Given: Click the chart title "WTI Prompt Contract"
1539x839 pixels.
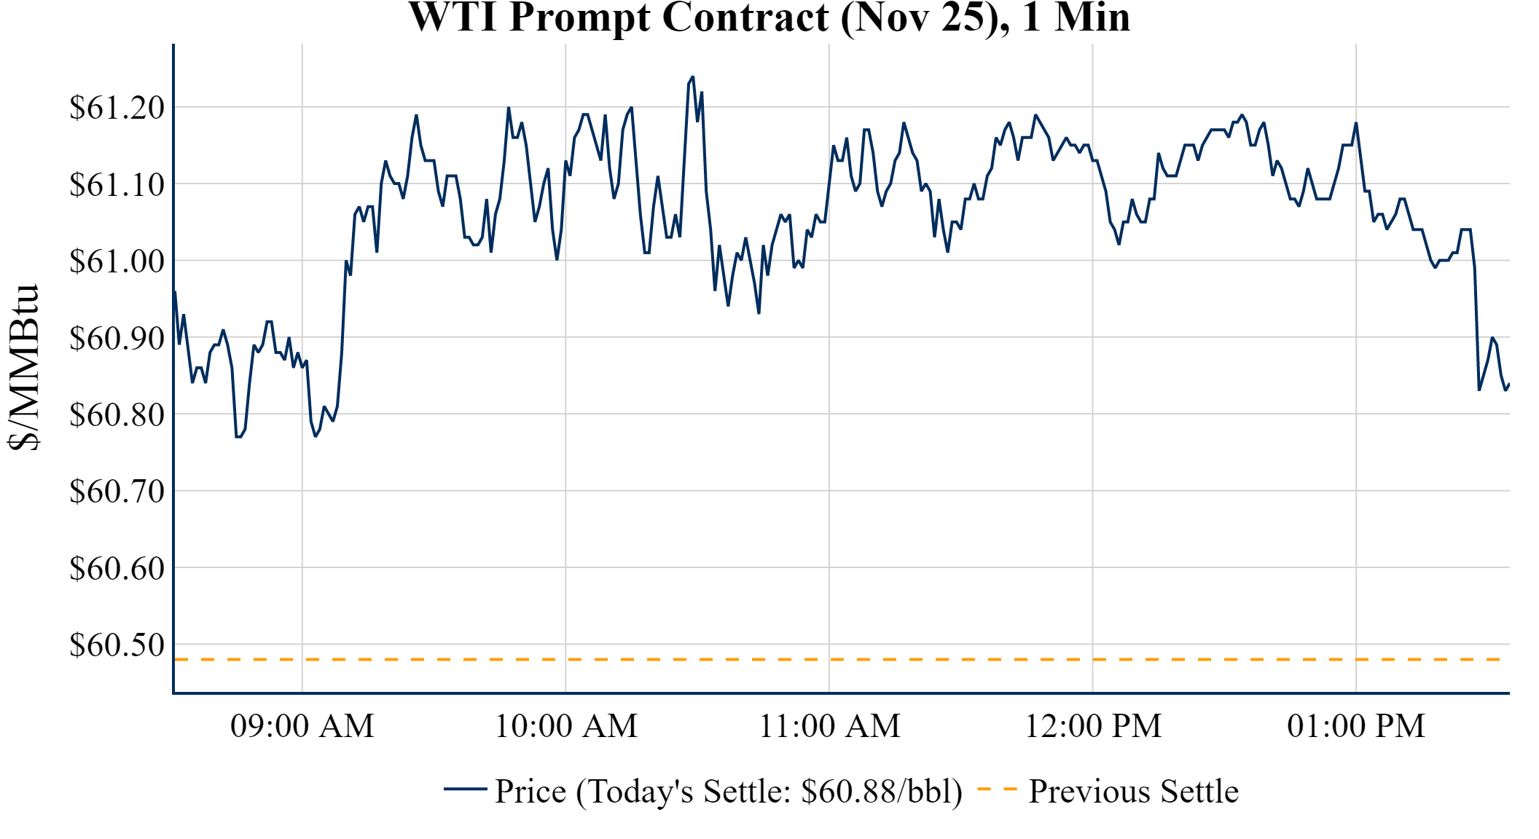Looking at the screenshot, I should (x=769, y=17).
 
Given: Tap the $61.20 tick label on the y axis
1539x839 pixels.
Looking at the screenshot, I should (x=117, y=108).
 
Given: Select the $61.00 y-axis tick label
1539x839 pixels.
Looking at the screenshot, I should (x=117, y=261).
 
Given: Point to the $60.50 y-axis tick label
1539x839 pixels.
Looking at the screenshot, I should (x=117, y=645).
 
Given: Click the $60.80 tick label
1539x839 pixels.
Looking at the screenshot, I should (x=117, y=414).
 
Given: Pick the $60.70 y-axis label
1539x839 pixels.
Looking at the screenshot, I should (x=117, y=491).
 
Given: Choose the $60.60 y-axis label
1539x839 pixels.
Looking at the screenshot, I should (x=117, y=568).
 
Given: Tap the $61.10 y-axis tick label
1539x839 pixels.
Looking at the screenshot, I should (x=117, y=184).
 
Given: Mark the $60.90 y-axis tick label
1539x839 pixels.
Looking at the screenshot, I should (x=117, y=338).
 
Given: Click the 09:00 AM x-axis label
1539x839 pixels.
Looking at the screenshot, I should (x=302, y=726).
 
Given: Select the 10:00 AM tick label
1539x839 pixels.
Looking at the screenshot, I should (x=566, y=726).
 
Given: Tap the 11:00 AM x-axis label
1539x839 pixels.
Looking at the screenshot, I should (x=830, y=726).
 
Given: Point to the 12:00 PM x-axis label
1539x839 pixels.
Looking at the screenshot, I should (x=1093, y=726).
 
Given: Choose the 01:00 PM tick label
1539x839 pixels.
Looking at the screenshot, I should (x=1356, y=726).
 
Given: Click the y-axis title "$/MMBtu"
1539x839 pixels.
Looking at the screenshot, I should (x=23, y=368).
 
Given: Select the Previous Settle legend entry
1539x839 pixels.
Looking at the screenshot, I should (x=1133, y=792).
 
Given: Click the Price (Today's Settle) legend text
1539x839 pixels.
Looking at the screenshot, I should (x=729, y=792).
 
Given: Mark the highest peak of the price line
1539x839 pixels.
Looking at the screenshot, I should (x=692, y=76).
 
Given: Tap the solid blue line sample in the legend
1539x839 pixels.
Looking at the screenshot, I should (x=466, y=789).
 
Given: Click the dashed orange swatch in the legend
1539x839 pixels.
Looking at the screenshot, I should (x=997, y=789).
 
